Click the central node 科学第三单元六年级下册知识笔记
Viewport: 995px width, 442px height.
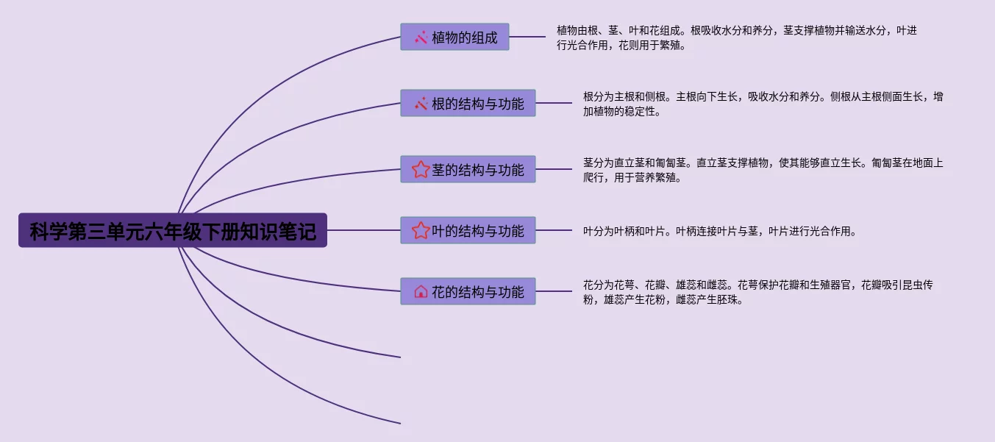click(173, 230)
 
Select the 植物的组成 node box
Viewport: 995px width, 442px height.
click(454, 37)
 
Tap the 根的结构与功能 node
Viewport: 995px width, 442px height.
click(468, 103)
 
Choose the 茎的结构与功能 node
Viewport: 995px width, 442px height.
click(468, 169)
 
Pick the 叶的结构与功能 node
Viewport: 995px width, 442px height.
click(468, 230)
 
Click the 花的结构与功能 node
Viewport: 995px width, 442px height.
click(468, 291)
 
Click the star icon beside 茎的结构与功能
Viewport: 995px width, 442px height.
click(421, 170)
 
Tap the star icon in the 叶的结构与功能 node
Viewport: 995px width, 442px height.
click(421, 231)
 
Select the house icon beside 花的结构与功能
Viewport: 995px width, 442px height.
click(421, 292)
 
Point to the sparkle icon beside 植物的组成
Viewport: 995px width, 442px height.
click(421, 38)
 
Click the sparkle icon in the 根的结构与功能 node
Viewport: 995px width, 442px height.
click(421, 104)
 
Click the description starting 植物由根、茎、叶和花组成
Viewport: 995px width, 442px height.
click(736, 38)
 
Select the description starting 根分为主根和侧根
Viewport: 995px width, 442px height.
click(763, 104)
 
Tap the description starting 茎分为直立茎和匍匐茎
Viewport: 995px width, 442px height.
click(763, 170)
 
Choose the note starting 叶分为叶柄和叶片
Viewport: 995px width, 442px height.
click(720, 231)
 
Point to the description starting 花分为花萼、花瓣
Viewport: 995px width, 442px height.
click(763, 292)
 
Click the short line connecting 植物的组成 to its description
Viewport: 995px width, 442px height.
click(527, 37)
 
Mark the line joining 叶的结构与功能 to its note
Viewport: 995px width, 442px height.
click(554, 230)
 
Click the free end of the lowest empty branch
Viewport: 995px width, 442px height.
click(399, 424)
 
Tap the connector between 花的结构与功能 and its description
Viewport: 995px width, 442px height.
click(554, 291)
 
